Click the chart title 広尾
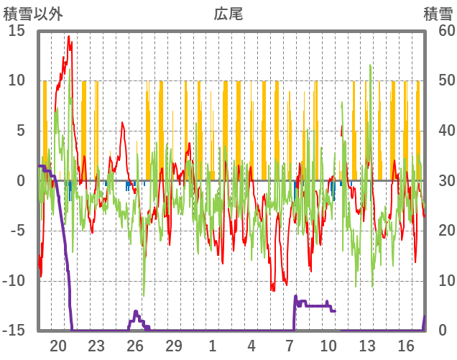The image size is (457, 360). point(228,13)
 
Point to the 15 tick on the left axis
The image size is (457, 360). point(17,31)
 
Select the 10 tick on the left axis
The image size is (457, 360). point(17,80)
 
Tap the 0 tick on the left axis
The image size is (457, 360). point(21,180)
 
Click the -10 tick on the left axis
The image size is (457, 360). point(14,281)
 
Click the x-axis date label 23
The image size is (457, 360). point(96,345)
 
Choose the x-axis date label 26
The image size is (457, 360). point(135,345)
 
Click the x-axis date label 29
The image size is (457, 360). point(174,345)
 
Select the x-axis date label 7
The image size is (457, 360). point(290,345)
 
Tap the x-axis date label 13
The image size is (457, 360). point(367,345)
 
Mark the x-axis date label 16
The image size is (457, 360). point(406,345)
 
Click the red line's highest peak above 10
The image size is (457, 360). point(69,37)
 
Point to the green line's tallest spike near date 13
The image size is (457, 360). point(370,65)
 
